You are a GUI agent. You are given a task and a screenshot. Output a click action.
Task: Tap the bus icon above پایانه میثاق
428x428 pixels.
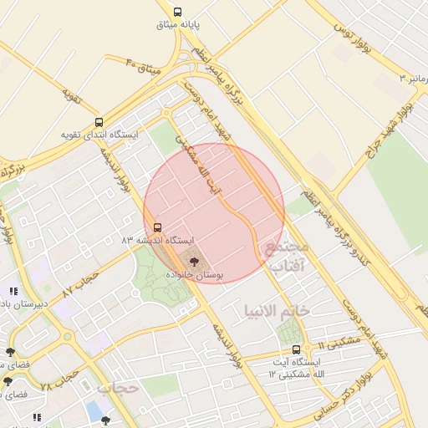tap(177, 12)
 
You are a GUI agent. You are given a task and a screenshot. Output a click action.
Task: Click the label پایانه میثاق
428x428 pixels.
tap(177, 25)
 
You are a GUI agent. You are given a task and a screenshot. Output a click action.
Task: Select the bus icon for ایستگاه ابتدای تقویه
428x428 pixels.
tap(99, 122)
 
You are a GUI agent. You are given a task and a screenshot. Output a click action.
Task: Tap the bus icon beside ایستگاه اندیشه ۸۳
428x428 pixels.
tap(157, 227)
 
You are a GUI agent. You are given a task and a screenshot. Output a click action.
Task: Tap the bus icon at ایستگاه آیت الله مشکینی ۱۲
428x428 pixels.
tap(296, 349)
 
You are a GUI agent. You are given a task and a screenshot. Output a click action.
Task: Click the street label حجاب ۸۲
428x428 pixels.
tap(81, 283)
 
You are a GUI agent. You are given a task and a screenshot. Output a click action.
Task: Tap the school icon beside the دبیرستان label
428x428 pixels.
tap(13, 291)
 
